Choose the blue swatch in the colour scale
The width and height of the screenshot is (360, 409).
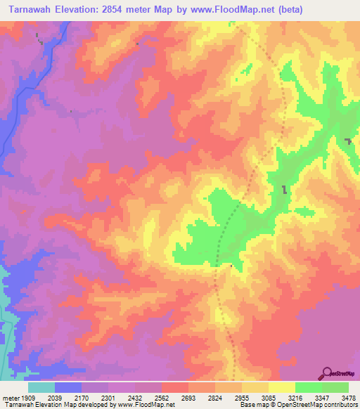tap(68, 387)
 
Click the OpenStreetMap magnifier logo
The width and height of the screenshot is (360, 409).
tap(327, 372)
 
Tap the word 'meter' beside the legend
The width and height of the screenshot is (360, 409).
tap(12, 398)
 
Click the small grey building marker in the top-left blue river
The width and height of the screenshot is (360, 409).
tap(41, 43)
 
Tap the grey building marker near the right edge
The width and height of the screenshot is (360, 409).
tap(349, 142)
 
